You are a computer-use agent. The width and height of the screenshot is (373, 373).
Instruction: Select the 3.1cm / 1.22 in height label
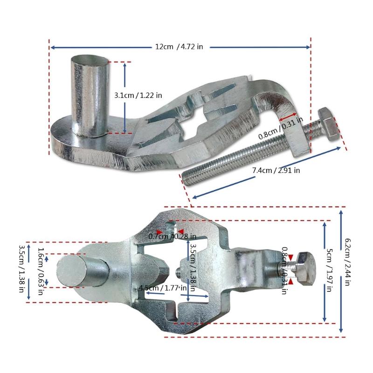pos(138,95)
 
